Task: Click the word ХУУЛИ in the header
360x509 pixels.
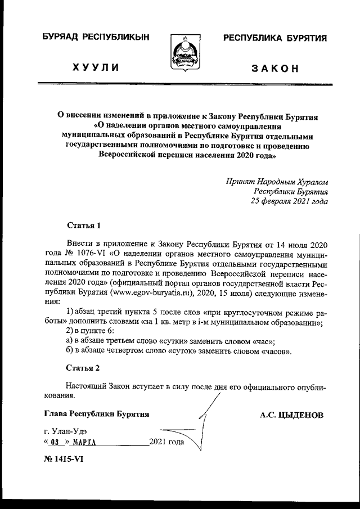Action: pyautogui.click(x=95, y=68)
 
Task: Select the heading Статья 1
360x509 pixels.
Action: pyautogui.click(x=83, y=227)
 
